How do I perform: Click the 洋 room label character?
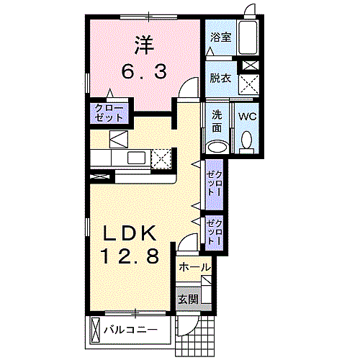point(143,44)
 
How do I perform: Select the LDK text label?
point(130,233)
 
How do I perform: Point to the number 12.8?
point(130,256)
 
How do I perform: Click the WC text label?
point(247,116)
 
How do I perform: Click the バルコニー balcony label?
point(130,332)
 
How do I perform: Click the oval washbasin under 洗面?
point(217,147)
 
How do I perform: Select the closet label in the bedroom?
point(109,112)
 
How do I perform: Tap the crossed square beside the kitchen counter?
point(164,157)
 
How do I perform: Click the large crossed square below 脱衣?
point(250,86)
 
